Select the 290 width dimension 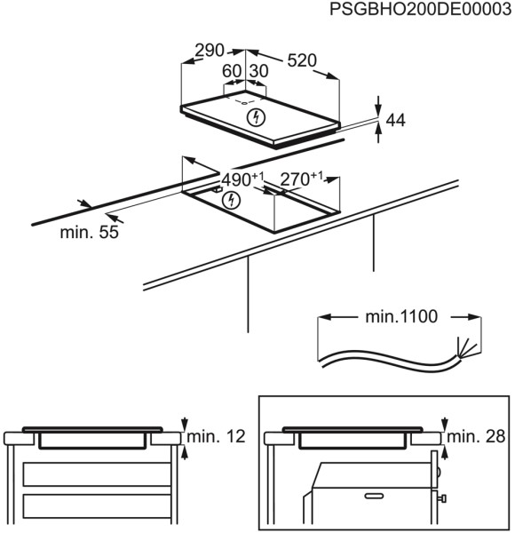point(210,52)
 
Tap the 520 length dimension point(302,60)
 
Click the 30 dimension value point(259,71)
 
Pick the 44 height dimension point(395,121)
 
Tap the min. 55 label point(90,233)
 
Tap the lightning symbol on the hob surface point(257,116)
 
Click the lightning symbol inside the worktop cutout point(232,200)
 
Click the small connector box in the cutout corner point(217,187)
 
